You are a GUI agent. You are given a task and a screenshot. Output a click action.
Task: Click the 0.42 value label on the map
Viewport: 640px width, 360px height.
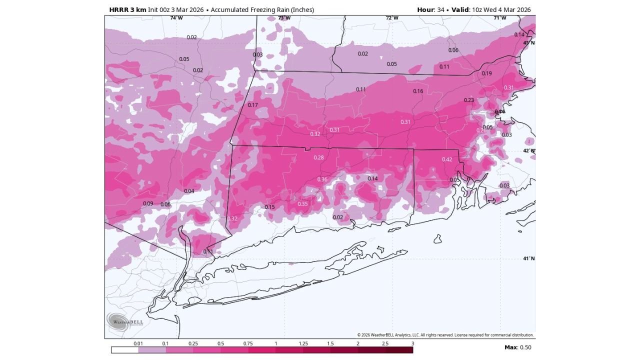[x=446, y=159]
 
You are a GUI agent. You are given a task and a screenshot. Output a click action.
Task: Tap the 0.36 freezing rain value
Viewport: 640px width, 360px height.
[x=322, y=180]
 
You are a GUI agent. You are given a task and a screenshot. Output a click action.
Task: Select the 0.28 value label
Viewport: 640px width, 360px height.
[x=318, y=158]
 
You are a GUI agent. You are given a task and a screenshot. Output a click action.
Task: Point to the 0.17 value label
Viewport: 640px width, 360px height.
[x=252, y=105]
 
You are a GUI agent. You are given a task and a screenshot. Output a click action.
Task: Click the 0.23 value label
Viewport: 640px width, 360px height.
[x=468, y=100]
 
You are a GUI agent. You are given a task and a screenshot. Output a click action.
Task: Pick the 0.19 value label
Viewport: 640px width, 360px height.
[x=486, y=74]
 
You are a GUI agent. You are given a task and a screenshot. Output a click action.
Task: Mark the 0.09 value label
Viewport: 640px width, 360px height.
[x=148, y=204]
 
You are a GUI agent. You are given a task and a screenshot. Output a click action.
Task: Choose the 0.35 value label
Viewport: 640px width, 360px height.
[x=302, y=204]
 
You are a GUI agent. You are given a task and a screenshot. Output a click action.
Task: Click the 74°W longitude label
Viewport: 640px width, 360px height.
[x=176, y=18]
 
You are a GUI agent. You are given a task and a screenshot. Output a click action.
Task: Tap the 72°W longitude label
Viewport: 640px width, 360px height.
[x=392, y=18]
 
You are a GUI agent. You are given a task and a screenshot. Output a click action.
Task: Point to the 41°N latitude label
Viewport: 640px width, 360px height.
[x=528, y=258]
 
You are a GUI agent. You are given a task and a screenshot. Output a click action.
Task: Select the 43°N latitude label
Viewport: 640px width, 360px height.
[x=528, y=43]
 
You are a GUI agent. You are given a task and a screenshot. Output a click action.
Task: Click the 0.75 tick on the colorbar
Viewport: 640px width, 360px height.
[x=248, y=344]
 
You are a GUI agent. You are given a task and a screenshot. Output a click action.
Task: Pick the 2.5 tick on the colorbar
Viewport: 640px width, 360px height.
[x=385, y=344]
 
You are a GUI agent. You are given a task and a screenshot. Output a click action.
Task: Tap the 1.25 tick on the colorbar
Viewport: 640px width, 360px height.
[x=303, y=344]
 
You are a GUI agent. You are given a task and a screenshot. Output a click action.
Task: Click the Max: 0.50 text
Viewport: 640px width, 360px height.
[x=517, y=347]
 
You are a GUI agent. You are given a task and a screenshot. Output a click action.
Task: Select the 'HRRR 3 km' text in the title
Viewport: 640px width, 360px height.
[x=127, y=9]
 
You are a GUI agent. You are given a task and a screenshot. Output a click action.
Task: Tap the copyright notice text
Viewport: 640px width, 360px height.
[x=445, y=335]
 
